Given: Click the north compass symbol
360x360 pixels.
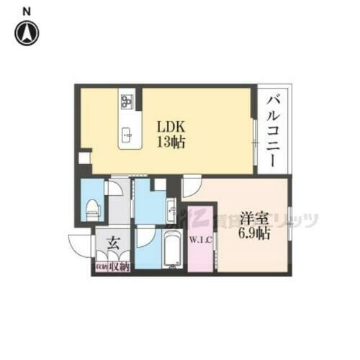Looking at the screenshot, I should click(x=27, y=32).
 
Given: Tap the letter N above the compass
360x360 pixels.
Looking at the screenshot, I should click(x=27, y=10).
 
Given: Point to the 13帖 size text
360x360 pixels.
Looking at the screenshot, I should click(x=172, y=142).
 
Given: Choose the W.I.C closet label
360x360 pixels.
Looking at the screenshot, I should click(x=199, y=240).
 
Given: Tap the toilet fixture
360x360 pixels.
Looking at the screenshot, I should click(x=91, y=210).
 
